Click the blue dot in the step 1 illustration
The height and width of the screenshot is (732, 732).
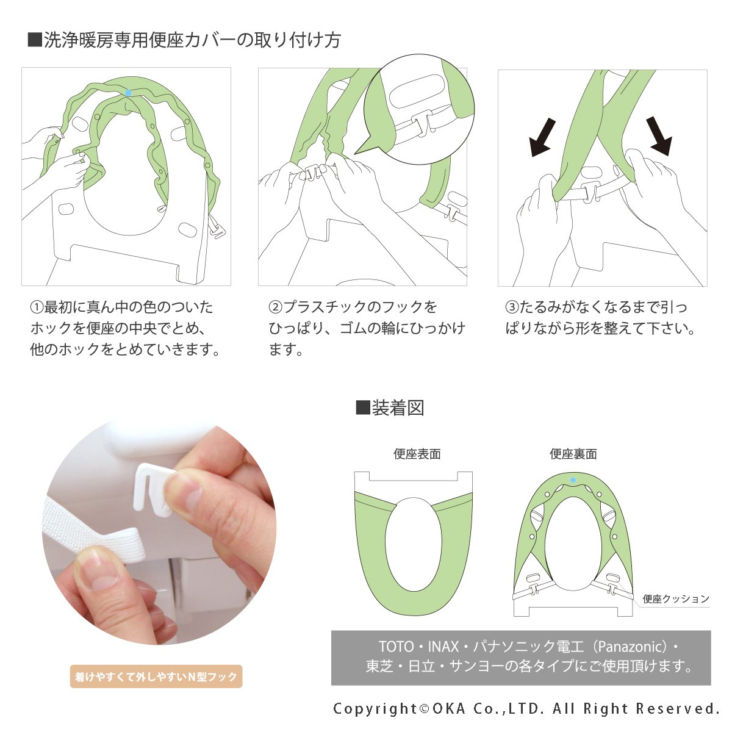(128, 93)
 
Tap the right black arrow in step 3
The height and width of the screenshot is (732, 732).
(659, 136)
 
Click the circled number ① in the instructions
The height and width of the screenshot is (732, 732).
(37, 307)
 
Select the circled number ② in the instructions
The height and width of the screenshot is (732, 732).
(275, 307)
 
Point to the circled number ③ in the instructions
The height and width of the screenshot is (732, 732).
(512, 307)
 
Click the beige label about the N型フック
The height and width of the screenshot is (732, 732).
(156, 676)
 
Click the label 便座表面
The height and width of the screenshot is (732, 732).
(417, 454)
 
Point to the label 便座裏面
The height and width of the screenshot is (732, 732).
(573, 454)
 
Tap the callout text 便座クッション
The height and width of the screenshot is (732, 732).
(676, 599)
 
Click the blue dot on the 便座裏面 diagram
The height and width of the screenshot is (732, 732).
(573, 480)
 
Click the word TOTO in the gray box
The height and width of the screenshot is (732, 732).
(396, 647)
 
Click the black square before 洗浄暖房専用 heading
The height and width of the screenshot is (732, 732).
(35, 40)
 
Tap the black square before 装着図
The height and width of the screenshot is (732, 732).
(363, 408)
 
